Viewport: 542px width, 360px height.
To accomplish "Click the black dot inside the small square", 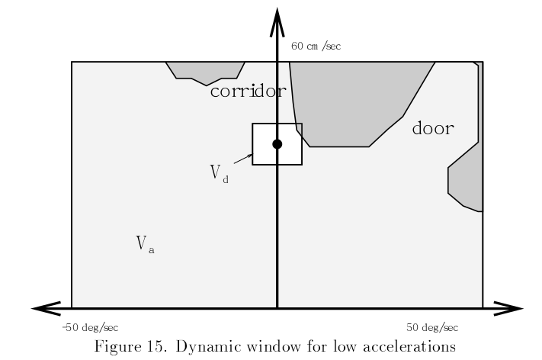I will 277,144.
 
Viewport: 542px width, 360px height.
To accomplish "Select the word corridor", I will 248,92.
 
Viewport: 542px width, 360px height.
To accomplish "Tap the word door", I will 432,128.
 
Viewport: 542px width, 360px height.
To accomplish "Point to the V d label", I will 220,173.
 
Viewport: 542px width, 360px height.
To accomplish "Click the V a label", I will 145,245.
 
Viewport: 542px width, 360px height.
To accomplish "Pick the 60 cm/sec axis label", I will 316,47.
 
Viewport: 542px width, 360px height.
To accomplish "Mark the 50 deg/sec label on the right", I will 431,327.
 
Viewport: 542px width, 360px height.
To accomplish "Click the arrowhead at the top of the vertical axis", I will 277,17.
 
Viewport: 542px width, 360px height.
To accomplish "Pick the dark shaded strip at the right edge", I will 466,175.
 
